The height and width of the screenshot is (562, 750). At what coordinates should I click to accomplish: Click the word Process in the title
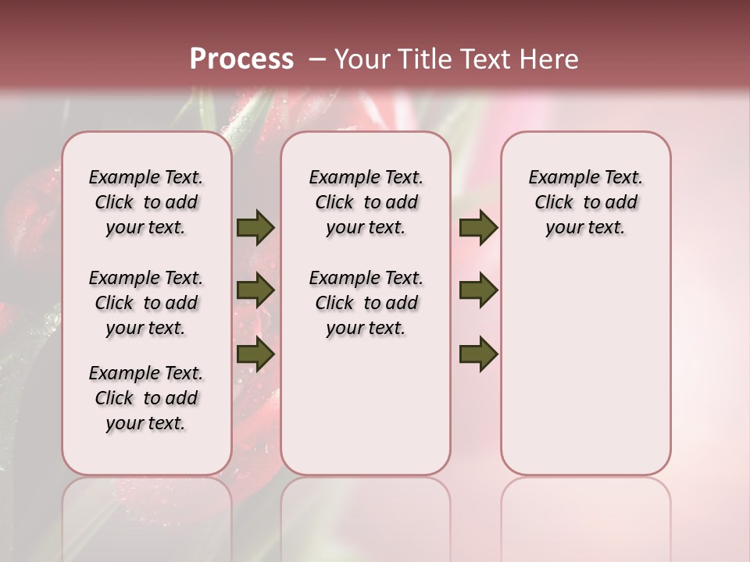tap(241, 59)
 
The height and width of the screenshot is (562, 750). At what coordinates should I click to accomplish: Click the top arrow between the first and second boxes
tap(255, 228)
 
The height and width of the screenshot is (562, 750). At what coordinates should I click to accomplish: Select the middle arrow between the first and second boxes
tap(255, 291)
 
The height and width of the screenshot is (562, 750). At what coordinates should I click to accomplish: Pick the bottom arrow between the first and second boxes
tap(255, 354)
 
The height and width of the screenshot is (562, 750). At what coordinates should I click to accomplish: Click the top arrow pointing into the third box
tap(478, 228)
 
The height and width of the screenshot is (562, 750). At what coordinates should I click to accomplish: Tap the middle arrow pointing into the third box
tap(478, 291)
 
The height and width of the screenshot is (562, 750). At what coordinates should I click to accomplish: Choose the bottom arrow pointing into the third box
tap(478, 354)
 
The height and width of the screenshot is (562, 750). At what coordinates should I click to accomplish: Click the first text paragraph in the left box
tap(146, 202)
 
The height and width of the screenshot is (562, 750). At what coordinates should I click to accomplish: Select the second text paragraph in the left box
tap(146, 303)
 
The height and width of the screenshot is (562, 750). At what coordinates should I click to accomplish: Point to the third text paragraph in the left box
tap(146, 398)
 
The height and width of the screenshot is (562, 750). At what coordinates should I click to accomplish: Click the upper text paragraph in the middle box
tap(366, 202)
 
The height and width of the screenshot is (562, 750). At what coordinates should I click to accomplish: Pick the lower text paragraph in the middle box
tap(366, 303)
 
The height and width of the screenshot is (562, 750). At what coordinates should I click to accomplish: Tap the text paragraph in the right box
tap(585, 202)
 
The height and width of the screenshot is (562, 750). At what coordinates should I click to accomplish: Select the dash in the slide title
tap(317, 59)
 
